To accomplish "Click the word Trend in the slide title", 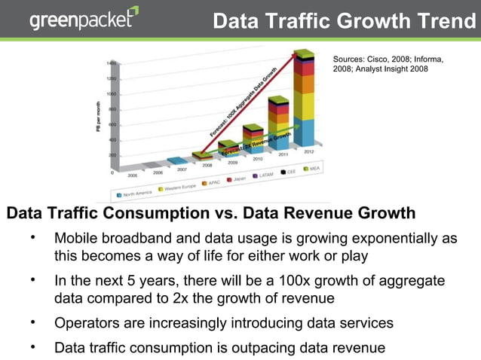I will (445, 20).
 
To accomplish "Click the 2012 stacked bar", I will (305, 98).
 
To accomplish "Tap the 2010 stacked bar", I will (253, 139).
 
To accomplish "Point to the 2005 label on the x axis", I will (132, 174).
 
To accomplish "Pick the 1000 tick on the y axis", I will (111, 94).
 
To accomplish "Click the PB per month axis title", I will (97, 116).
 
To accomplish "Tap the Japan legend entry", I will (237, 179).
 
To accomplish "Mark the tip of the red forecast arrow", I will (297, 52).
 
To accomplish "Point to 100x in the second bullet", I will (299, 282).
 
